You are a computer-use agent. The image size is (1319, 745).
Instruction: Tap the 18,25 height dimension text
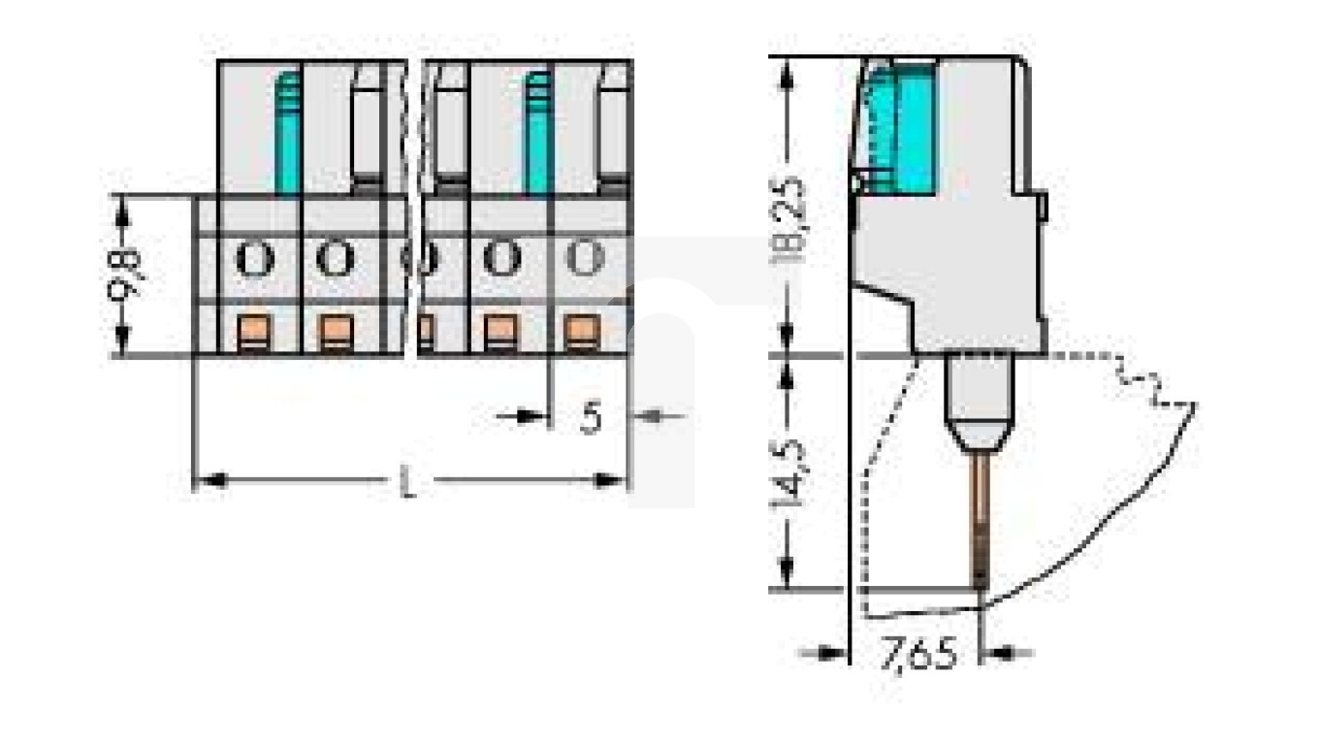[791, 219]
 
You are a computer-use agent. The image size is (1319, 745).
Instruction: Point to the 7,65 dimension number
[917, 654]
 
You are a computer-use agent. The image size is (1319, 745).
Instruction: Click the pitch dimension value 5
[591, 417]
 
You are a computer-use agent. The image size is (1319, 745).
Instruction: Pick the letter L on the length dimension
[409, 482]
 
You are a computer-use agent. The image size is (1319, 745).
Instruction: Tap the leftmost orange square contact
[254, 333]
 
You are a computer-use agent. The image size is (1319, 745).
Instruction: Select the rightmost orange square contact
[580, 333]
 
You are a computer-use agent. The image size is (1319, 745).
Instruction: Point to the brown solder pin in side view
[981, 519]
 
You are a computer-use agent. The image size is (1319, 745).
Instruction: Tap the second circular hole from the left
[335, 259]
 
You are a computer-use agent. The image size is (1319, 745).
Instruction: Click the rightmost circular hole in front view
[584, 259]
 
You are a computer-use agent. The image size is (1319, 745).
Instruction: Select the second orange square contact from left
[335, 333]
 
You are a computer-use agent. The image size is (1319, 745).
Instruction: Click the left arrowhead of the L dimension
[206, 480]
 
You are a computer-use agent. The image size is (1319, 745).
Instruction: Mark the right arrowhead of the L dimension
[615, 480]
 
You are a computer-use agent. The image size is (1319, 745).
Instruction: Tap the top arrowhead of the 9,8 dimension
[122, 206]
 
